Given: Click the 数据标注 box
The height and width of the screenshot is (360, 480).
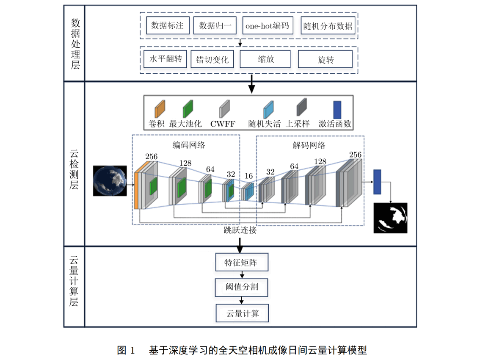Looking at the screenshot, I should pos(167,25).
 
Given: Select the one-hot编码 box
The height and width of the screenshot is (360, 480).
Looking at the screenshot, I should pos(267,25).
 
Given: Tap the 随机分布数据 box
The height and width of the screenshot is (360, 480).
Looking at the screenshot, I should pos(327,26).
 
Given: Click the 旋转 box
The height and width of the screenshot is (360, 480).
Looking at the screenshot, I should pos(325,59).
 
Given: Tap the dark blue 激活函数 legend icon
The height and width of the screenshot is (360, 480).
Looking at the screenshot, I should pos(337,109).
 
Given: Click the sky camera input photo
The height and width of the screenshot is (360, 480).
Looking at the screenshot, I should pos(110,181).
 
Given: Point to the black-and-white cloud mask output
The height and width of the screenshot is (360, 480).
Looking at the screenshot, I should pos(390,218).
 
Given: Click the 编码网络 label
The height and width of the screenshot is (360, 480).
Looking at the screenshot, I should pos(188,145).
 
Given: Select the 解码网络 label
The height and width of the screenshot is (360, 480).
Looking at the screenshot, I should pos(309,145).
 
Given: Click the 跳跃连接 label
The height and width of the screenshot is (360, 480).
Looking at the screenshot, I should pos(240,231).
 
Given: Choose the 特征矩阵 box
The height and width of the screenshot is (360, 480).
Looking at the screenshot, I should pos(241,263).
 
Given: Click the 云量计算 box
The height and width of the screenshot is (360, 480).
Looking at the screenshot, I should pos(242,313).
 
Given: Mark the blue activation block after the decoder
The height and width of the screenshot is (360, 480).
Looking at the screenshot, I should pos(377,182).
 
